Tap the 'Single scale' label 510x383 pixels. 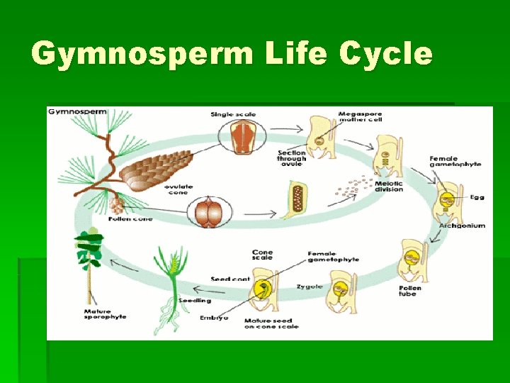232,114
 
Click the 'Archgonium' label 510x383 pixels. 462,226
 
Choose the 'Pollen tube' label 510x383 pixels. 410,290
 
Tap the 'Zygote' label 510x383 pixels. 309,287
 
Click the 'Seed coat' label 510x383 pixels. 230,279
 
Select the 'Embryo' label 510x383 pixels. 214,318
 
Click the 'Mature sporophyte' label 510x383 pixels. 105,313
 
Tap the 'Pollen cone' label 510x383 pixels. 130,218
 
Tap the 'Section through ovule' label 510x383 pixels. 291,157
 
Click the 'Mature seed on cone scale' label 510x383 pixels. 271,323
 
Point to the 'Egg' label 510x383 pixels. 477,196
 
